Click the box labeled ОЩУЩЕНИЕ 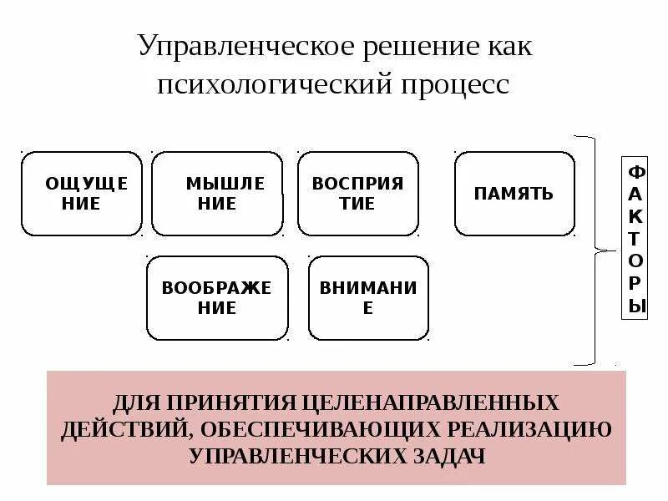tap(81, 194)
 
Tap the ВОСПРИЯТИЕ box tap(357, 194)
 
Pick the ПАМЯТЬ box tap(514, 194)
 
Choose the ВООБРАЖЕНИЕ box tap(217, 297)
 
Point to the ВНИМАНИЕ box tap(368, 297)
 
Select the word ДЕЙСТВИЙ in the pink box tap(113, 429)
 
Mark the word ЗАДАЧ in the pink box tap(442, 456)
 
